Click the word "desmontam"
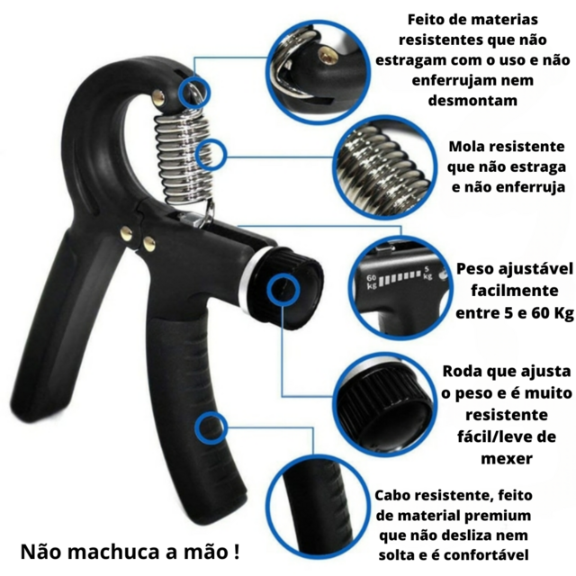coord(472,100)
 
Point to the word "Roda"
coord(462,371)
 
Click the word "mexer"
coord(507,459)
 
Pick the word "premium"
coord(498,516)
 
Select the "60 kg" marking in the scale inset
coord(372,282)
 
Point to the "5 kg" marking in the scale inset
coord(427,273)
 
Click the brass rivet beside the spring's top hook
coord(158,98)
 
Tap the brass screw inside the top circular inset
coord(327,56)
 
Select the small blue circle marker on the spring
coord(211,155)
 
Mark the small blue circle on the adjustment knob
coord(283,290)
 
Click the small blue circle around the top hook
coord(194,92)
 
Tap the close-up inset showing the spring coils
coord(385,168)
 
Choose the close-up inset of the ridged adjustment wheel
coord(385,405)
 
